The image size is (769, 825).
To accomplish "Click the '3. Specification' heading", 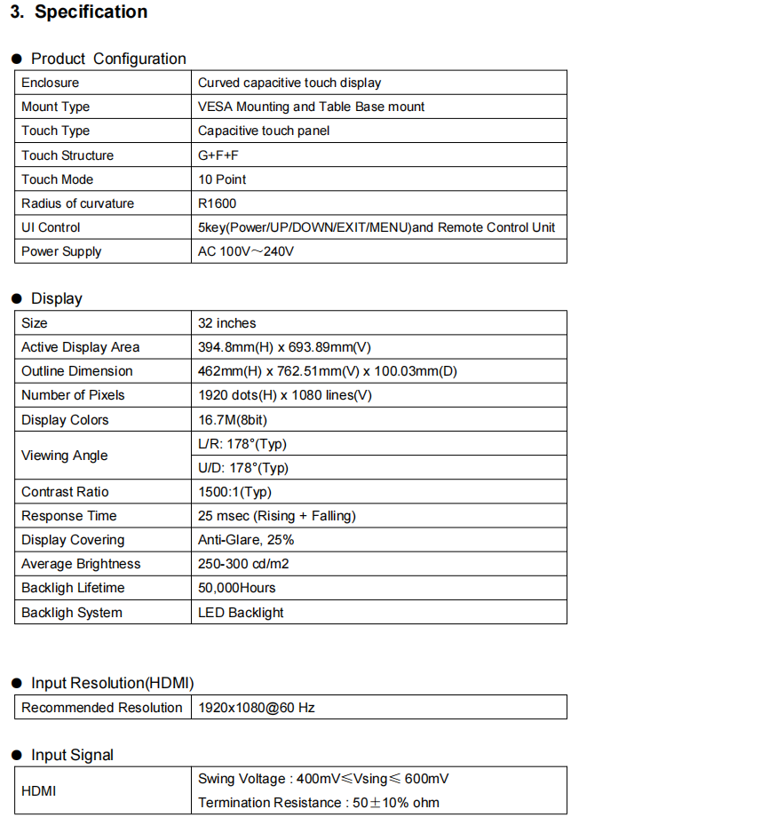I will [x=79, y=12].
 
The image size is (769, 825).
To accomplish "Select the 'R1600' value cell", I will [x=218, y=203].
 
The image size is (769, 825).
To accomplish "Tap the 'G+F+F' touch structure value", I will [x=218, y=155].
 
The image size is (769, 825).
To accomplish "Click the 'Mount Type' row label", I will [x=55, y=107].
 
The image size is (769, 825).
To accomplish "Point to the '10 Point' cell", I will [x=221, y=179].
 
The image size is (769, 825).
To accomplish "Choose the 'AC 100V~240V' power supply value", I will [x=246, y=251].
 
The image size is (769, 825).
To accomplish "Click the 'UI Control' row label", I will [x=51, y=227].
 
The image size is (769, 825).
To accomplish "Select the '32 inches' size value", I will [x=227, y=323].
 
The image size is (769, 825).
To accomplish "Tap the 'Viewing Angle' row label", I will [x=64, y=456].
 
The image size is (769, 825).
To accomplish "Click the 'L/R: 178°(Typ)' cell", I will [x=242, y=444].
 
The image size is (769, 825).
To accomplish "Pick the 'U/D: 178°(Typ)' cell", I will [x=243, y=468].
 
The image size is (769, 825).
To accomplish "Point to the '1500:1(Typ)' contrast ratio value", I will [x=234, y=492].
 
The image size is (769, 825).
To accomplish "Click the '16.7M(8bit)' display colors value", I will [x=234, y=420].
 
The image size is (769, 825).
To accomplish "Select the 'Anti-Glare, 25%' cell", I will [x=246, y=540].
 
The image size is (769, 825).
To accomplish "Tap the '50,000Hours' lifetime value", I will [x=237, y=588].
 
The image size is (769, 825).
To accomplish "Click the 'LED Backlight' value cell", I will [x=241, y=613].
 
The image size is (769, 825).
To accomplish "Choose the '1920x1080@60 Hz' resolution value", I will [x=257, y=708].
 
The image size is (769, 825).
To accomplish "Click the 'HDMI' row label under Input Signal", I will [x=39, y=790].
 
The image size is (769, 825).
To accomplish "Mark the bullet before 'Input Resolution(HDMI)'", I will [x=16, y=683].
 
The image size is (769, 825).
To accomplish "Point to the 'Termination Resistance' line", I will [x=319, y=803].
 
